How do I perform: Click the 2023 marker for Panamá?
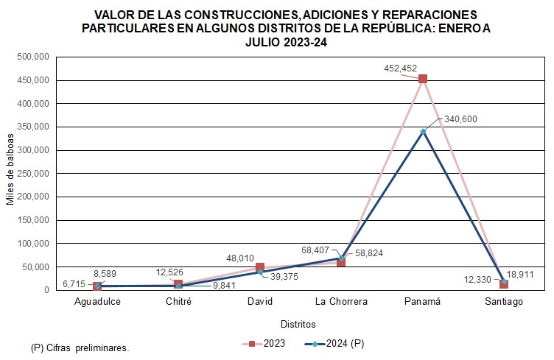coord(423,79)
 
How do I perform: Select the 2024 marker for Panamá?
coord(423,131)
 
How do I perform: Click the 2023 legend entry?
coord(266,343)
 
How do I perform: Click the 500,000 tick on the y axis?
coord(32,57)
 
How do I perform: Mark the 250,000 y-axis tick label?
coord(32,173)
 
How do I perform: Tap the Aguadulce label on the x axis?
coord(97,301)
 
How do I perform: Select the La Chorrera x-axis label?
coord(341,301)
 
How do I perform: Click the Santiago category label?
coord(504,301)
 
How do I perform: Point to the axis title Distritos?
coord(298,324)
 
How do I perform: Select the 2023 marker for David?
coord(260,268)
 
